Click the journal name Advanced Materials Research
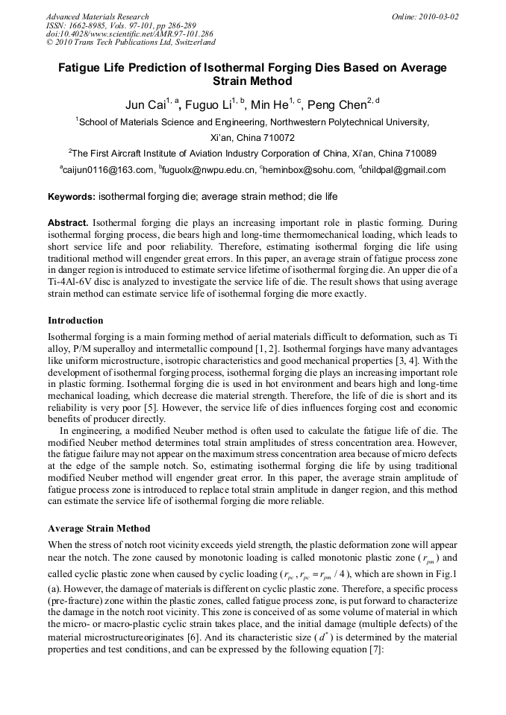pyautogui.click(x=97, y=16)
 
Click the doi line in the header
pyautogui.click(x=129, y=34)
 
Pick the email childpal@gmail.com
pyautogui.click(x=405, y=170)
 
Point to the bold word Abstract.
pyautogui.click(x=68, y=223)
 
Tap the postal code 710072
pyautogui.click(x=275, y=138)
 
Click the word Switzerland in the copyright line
pyautogui.click(x=188, y=43)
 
